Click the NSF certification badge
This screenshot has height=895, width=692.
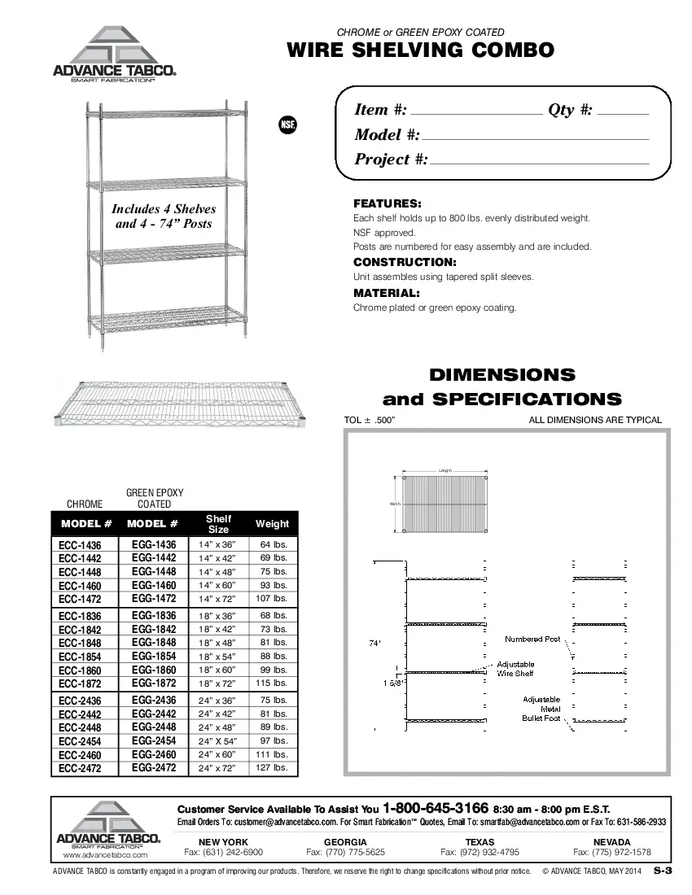(x=288, y=125)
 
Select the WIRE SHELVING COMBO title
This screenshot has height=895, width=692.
(x=421, y=50)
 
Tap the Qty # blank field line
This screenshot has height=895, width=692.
(x=624, y=115)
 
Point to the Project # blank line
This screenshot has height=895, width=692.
(x=540, y=164)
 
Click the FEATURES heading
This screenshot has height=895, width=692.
(x=387, y=203)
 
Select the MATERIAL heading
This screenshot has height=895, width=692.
(x=387, y=293)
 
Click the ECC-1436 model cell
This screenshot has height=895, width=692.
(x=80, y=545)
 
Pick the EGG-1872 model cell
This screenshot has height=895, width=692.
(x=154, y=683)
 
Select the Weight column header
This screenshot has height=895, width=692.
(x=272, y=524)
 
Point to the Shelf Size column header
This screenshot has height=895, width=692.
(x=218, y=524)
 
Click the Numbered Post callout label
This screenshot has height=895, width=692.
(x=532, y=640)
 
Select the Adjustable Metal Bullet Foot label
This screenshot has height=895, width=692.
(x=541, y=709)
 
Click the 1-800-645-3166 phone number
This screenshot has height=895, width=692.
(x=436, y=809)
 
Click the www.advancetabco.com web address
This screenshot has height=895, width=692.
(x=105, y=855)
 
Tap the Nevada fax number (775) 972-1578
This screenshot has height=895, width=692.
(x=611, y=852)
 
